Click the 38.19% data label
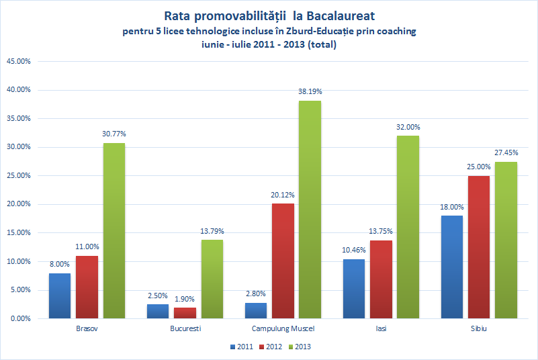point(310,91)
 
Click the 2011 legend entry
point(241,347)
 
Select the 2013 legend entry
point(299,347)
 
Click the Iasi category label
point(382,329)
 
